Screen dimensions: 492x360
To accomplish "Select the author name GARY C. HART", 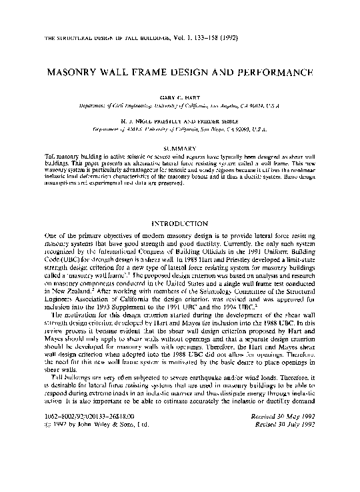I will tap(180, 98).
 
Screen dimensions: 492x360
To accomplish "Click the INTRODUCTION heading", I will tap(180, 223).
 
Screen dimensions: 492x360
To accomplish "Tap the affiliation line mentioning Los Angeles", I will tap(180, 106).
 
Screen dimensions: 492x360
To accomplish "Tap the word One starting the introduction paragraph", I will tap(49, 238).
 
